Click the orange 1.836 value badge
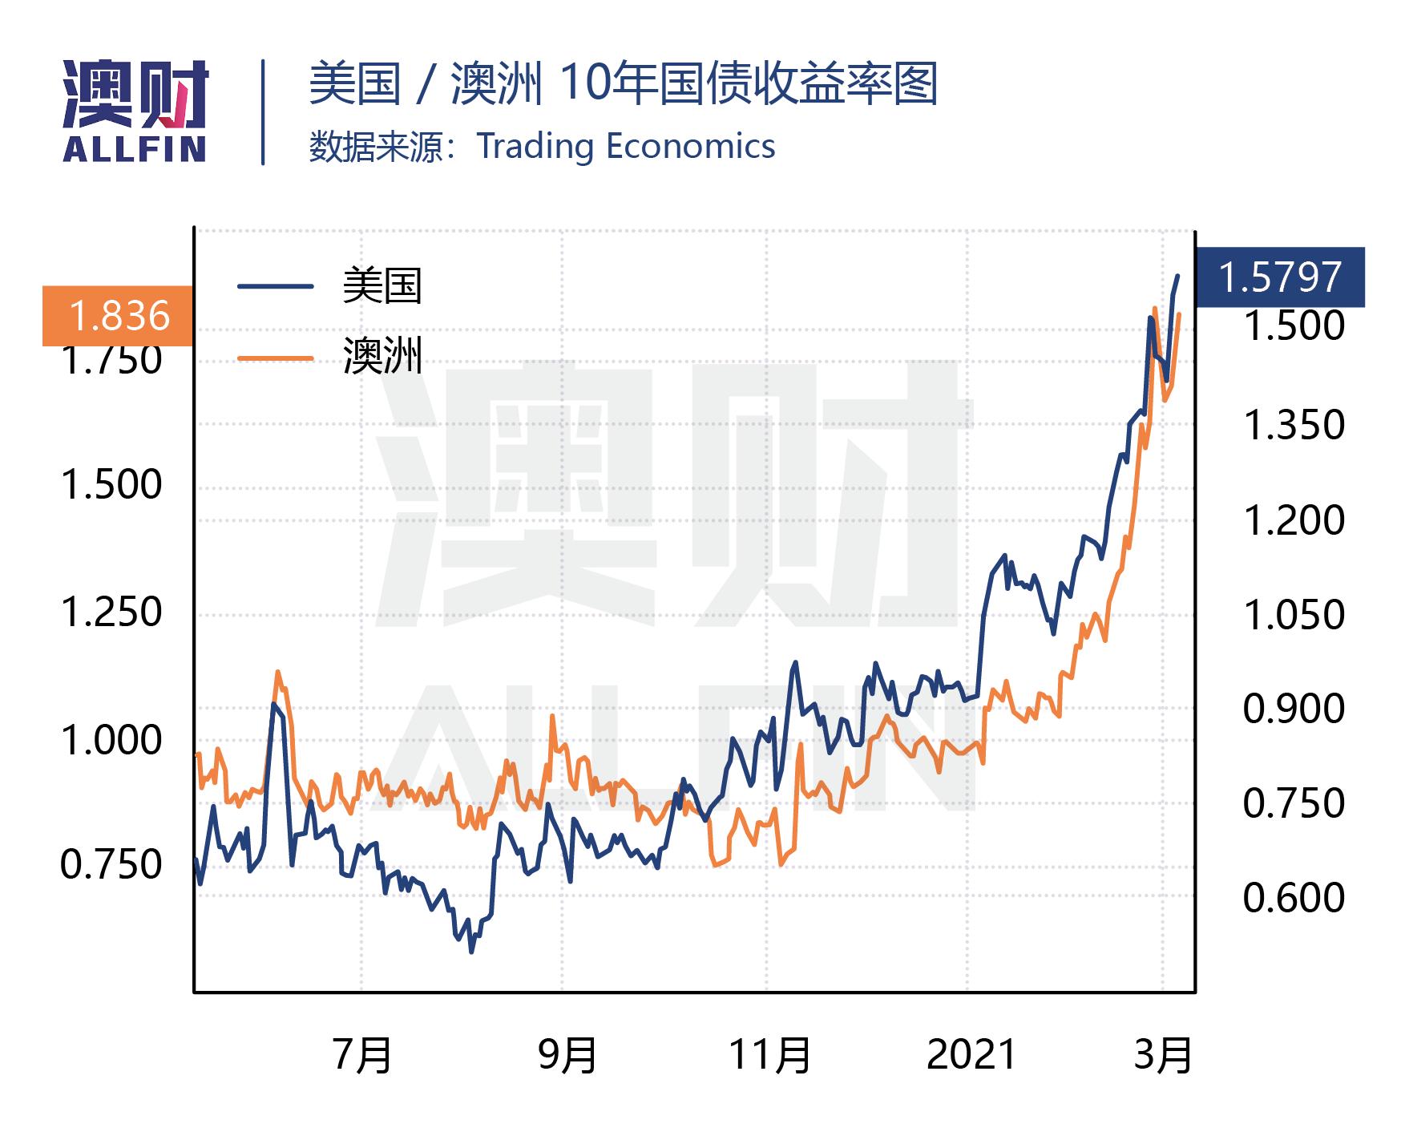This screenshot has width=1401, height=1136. click(119, 316)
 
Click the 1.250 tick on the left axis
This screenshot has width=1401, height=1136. click(111, 612)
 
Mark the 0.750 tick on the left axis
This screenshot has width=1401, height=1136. click(111, 865)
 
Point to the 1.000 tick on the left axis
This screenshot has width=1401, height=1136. click(111, 740)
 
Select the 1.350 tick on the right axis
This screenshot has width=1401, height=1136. click(1293, 424)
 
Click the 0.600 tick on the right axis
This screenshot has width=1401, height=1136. click(1293, 897)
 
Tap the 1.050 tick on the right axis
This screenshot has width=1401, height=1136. click(1293, 615)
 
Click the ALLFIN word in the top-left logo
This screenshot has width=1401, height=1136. click(135, 149)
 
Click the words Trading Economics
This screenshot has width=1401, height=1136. click(626, 146)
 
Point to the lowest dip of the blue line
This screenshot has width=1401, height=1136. click(471, 951)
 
